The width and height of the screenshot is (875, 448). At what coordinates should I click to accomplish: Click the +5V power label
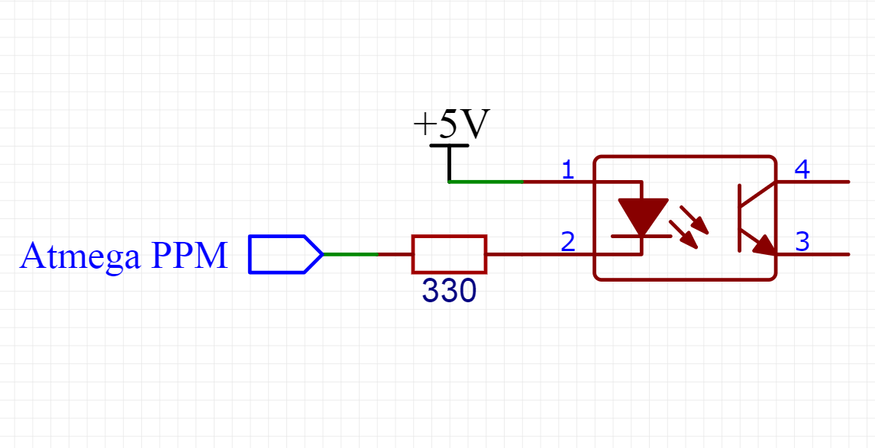pos(450,124)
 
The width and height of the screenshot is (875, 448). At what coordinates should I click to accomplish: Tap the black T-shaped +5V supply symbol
pos(449,160)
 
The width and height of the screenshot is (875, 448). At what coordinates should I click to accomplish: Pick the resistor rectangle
pos(449,254)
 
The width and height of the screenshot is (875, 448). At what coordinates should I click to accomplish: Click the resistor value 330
pos(449,292)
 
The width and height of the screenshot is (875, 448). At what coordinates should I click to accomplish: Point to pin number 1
pos(567,169)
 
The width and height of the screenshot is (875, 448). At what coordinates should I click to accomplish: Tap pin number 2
pos(567,242)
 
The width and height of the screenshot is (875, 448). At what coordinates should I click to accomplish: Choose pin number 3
pos(802,242)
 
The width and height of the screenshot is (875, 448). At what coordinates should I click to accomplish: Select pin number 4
pos(802,169)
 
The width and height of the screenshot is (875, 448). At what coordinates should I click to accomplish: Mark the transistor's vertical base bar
pos(740,218)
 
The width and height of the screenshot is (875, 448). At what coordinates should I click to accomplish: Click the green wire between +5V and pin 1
pos(486,182)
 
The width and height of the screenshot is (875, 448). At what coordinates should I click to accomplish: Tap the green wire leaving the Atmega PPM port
pos(350,254)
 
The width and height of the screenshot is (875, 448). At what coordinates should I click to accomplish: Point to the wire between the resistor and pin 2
pos(527,254)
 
